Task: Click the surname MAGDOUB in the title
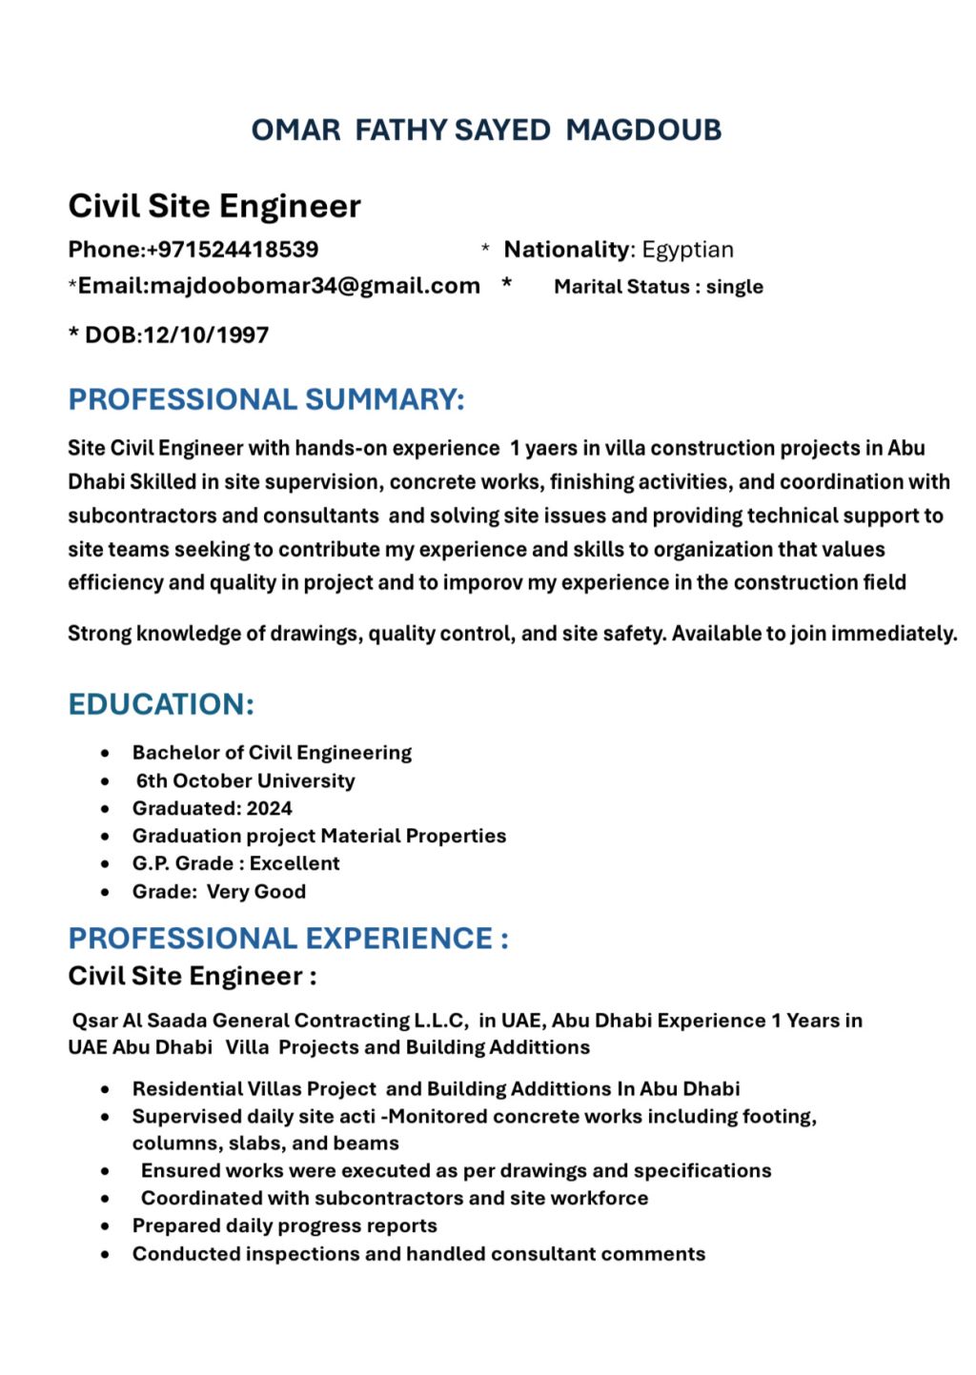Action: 643,131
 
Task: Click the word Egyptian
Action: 687,250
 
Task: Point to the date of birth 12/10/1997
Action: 206,335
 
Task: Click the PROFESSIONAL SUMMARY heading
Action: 266,399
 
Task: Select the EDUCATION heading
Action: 161,705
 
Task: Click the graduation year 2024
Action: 270,808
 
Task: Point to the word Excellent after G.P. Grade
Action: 295,863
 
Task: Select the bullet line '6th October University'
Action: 245,780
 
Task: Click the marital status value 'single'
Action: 734,287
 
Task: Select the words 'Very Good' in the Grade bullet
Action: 256,892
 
